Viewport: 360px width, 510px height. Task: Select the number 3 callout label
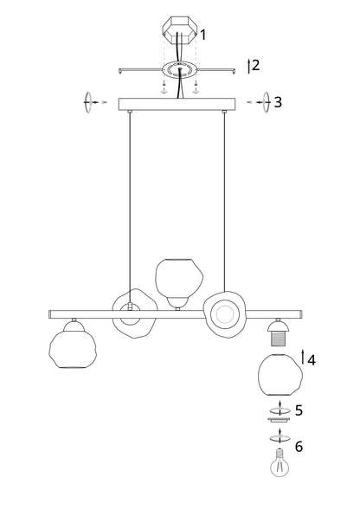coord(278,102)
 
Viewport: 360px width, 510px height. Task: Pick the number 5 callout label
coord(299,410)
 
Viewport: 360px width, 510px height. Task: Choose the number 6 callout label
coord(299,447)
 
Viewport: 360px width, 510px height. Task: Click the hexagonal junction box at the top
coord(180,33)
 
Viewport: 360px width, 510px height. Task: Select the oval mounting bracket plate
coord(180,69)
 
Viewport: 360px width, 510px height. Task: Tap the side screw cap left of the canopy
coord(87,102)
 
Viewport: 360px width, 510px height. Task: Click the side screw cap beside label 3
coord(263,102)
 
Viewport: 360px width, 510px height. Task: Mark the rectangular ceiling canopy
coord(177,104)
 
